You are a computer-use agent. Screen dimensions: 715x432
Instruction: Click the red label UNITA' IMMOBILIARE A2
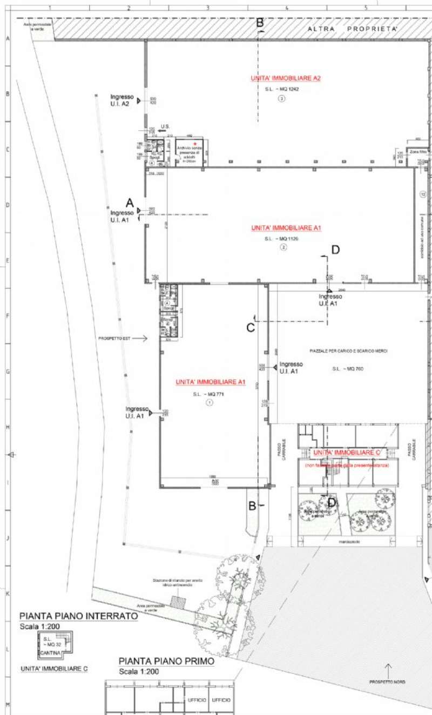[x=286, y=78]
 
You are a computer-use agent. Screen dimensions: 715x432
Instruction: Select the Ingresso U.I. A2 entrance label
[x=122, y=100]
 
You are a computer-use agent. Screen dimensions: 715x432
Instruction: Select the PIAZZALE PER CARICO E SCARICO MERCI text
[x=349, y=351]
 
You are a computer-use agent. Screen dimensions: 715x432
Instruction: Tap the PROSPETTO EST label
[x=114, y=339]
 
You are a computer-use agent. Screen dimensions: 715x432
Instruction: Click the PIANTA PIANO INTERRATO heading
[x=78, y=616]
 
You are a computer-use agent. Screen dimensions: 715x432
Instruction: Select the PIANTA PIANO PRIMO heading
[x=166, y=661]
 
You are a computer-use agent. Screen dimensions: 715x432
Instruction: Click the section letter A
[x=130, y=203]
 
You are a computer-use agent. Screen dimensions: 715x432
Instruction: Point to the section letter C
[x=251, y=327]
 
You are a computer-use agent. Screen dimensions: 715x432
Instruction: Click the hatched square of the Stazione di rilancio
[x=175, y=601]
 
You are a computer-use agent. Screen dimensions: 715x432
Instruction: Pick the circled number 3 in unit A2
[x=281, y=98]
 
